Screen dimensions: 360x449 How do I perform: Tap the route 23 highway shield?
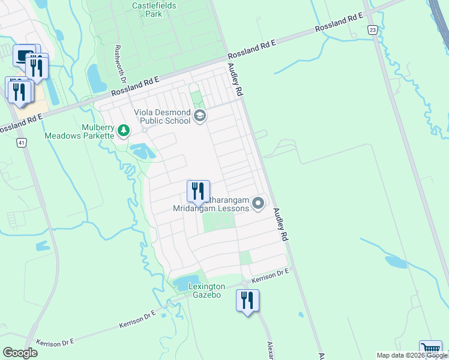(x=373, y=29)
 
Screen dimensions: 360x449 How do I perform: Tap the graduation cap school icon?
(x=200, y=116)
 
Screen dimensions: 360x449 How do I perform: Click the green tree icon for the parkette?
(x=123, y=130)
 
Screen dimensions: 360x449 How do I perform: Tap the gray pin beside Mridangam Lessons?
(x=259, y=204)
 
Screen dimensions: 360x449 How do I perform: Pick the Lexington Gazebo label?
(x=206, y=291)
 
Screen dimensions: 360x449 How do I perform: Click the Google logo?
(x=20, y=353)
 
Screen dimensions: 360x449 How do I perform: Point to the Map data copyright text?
(x=412, y=355)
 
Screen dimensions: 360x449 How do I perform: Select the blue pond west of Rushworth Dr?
(x=96, y=78)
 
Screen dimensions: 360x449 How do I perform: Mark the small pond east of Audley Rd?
(x=396, y=262)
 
